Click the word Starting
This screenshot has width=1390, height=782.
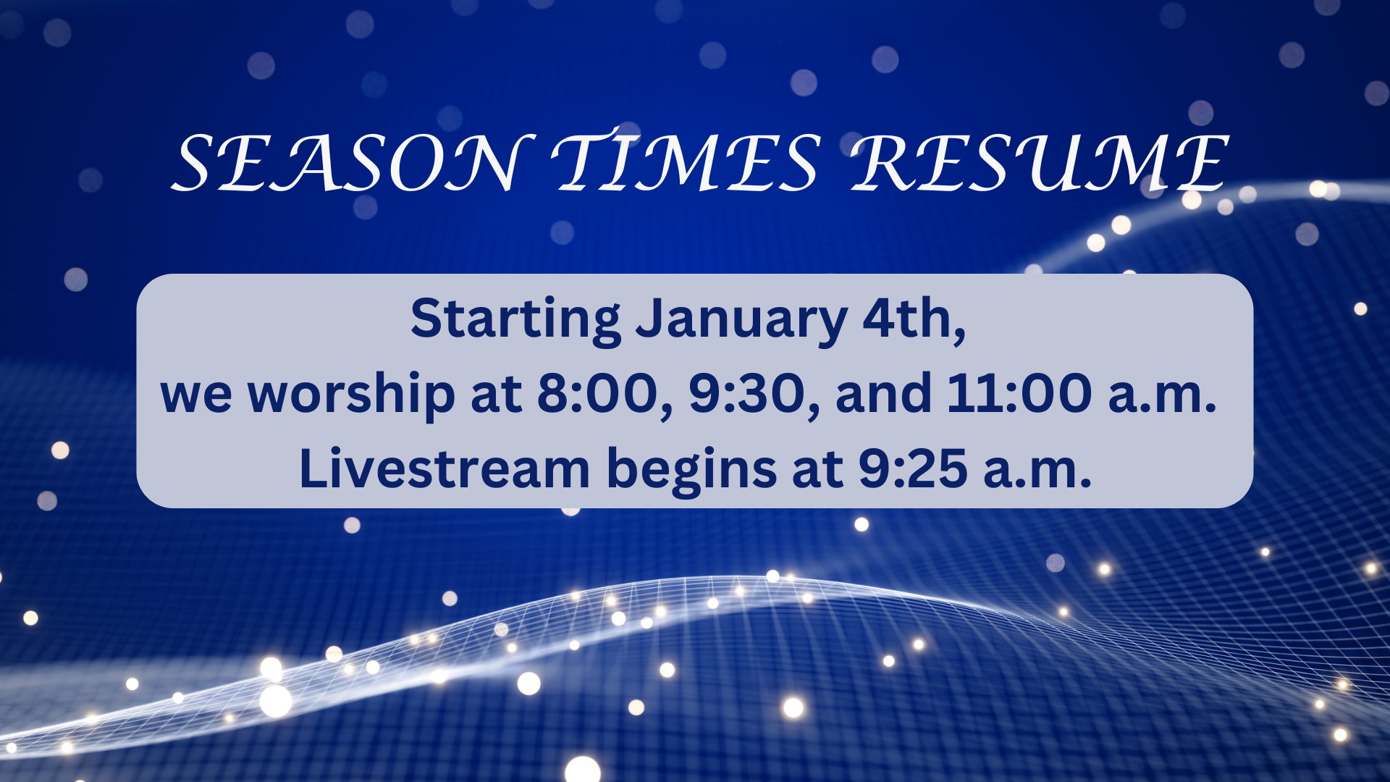pos(515,320)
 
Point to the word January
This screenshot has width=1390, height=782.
pos(741,320)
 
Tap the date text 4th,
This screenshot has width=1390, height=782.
pos(914,320)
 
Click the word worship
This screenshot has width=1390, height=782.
pos(351,395)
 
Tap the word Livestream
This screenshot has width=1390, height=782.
pos(445,468)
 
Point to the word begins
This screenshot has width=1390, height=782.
pos(691,471)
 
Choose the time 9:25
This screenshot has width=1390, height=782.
pos(913,468)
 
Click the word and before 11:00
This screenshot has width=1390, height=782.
pos(883,394)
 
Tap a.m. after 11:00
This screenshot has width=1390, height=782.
pos(1162,399)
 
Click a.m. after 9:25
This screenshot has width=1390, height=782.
pos(1037,474)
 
